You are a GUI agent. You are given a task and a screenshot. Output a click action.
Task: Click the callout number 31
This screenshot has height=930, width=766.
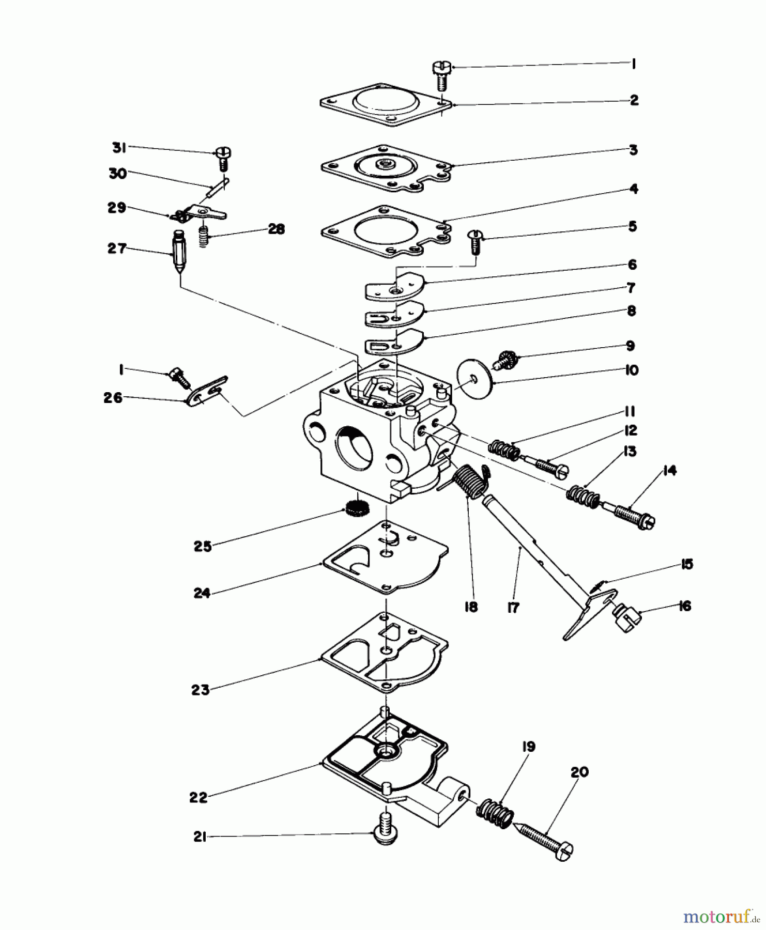119,148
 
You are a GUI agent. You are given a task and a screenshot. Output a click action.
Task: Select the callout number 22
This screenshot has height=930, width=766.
198,798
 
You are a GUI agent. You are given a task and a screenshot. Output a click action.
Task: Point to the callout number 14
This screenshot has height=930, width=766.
669,471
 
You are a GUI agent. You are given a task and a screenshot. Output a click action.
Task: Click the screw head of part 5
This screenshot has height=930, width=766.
474,236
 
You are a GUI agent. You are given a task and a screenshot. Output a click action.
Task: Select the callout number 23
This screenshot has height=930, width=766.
200,689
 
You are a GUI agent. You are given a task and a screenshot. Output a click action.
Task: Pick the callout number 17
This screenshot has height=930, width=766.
513,608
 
